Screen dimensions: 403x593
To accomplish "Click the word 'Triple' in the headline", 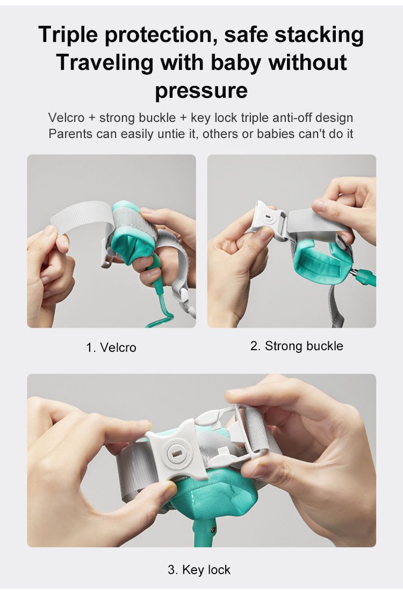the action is [x=68, y=35].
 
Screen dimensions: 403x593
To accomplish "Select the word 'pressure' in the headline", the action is [x=201, y=91].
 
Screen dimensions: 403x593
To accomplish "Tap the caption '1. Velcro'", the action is [x=111, y=348].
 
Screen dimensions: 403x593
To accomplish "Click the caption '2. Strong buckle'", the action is [x=297, y=346].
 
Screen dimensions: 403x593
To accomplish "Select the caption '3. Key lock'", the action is [x=199, y=569].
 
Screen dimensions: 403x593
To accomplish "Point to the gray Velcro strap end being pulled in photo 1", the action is [x=76, y=219].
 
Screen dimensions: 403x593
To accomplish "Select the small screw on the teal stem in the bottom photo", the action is [x=214, y=531].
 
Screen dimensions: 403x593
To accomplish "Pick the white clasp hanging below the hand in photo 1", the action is [x=185, y=299].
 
